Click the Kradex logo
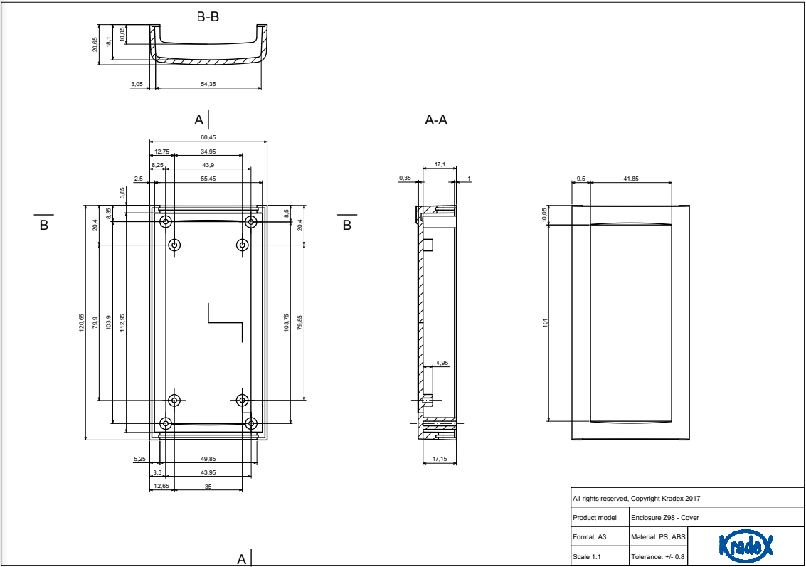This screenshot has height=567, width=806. pyautogui.click(x=746, y=546)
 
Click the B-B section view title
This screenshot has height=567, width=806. pyautogui.click(x=208, y=16)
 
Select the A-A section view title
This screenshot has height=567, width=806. pyautogui.click(x=436, y=120)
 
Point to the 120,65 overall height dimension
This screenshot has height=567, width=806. pyautogui.click(x=81, y=322)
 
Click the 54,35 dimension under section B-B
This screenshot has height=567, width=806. pyautogui.click(x=208, y=84)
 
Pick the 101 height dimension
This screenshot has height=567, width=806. pyautogui.click(x=546, y=322)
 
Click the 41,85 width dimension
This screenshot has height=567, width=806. pyautogui.click(x=630, y=178)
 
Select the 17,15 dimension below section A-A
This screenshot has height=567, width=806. pyautogui.click(x=439, y=460)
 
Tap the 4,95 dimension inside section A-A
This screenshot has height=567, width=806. pyautogui.click(x=442, y=363)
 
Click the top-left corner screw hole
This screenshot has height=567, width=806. pyautogui.click(x=166, y=222)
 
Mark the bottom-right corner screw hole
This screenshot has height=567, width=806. pyautogui.click(x=250, y=424)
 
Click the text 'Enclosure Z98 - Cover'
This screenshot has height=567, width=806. pyautogui.click(x=661, y=517)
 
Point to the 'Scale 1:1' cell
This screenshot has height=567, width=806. pyautogui.click(x=588, y=556)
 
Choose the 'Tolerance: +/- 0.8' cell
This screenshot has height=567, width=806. pyautogui.click(x=658, y=556)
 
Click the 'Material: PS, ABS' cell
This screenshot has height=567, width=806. pyautogui.click(x=658, y=536)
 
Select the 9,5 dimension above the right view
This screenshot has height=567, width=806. pyautogui.click(x=580, y=178)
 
